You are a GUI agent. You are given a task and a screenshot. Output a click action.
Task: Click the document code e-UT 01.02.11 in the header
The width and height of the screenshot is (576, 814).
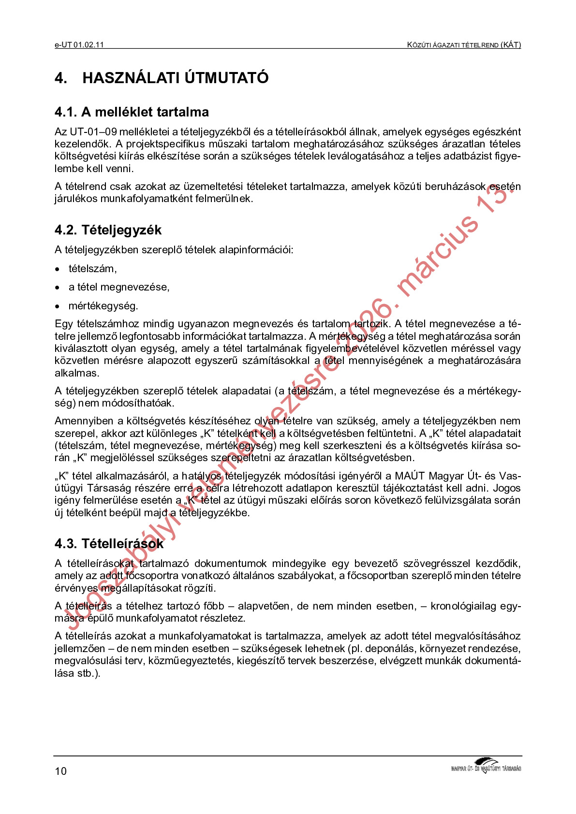(x=79, y=45)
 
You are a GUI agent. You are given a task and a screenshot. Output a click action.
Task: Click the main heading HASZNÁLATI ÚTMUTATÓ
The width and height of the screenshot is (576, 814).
(x=175, y=78)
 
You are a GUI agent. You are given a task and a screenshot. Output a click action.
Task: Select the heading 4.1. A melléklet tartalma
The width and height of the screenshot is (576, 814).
(x=132, y=112)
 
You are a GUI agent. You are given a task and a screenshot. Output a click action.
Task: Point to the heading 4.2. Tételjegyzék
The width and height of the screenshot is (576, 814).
(x=108, y=230)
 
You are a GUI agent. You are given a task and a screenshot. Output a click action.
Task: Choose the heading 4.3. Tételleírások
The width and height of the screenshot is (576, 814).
(x=109, y=544)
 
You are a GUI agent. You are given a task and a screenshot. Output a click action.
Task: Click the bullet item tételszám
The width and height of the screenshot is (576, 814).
(x=92, y=269)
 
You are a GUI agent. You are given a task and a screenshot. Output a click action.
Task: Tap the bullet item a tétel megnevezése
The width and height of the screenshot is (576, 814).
(x=119, y=287)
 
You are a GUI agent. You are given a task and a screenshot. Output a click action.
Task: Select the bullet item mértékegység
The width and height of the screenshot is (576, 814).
(x=103, y=306)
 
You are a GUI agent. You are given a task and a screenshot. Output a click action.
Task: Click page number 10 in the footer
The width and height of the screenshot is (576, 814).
(x=60, y=771)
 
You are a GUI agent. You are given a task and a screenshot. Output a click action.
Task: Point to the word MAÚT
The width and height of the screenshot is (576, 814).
(x=410, y=476)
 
